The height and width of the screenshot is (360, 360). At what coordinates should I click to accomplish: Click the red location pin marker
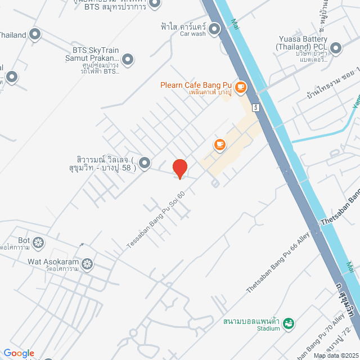point(179,168)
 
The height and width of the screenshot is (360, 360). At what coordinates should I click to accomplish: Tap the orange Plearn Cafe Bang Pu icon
point(241,87)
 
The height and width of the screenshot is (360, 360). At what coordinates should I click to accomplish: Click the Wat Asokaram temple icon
point(87,263)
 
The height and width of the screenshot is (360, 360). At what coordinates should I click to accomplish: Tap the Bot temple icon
point(38,243)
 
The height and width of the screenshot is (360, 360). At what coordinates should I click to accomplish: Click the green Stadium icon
point(288,323)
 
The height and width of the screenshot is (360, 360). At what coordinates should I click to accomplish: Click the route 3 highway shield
point(256,106)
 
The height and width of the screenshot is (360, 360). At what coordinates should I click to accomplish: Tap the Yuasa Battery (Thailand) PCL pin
point(336,47)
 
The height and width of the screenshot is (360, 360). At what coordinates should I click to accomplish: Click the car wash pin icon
point(214,28)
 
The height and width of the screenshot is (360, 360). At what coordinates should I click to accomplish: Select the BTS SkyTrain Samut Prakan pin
point(128,58)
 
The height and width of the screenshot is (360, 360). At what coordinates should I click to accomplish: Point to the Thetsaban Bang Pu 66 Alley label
point(278,265)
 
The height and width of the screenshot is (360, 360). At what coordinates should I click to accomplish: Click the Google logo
point(19,353)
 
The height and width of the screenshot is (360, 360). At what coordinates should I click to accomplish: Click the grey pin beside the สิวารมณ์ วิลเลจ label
point(145,163)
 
